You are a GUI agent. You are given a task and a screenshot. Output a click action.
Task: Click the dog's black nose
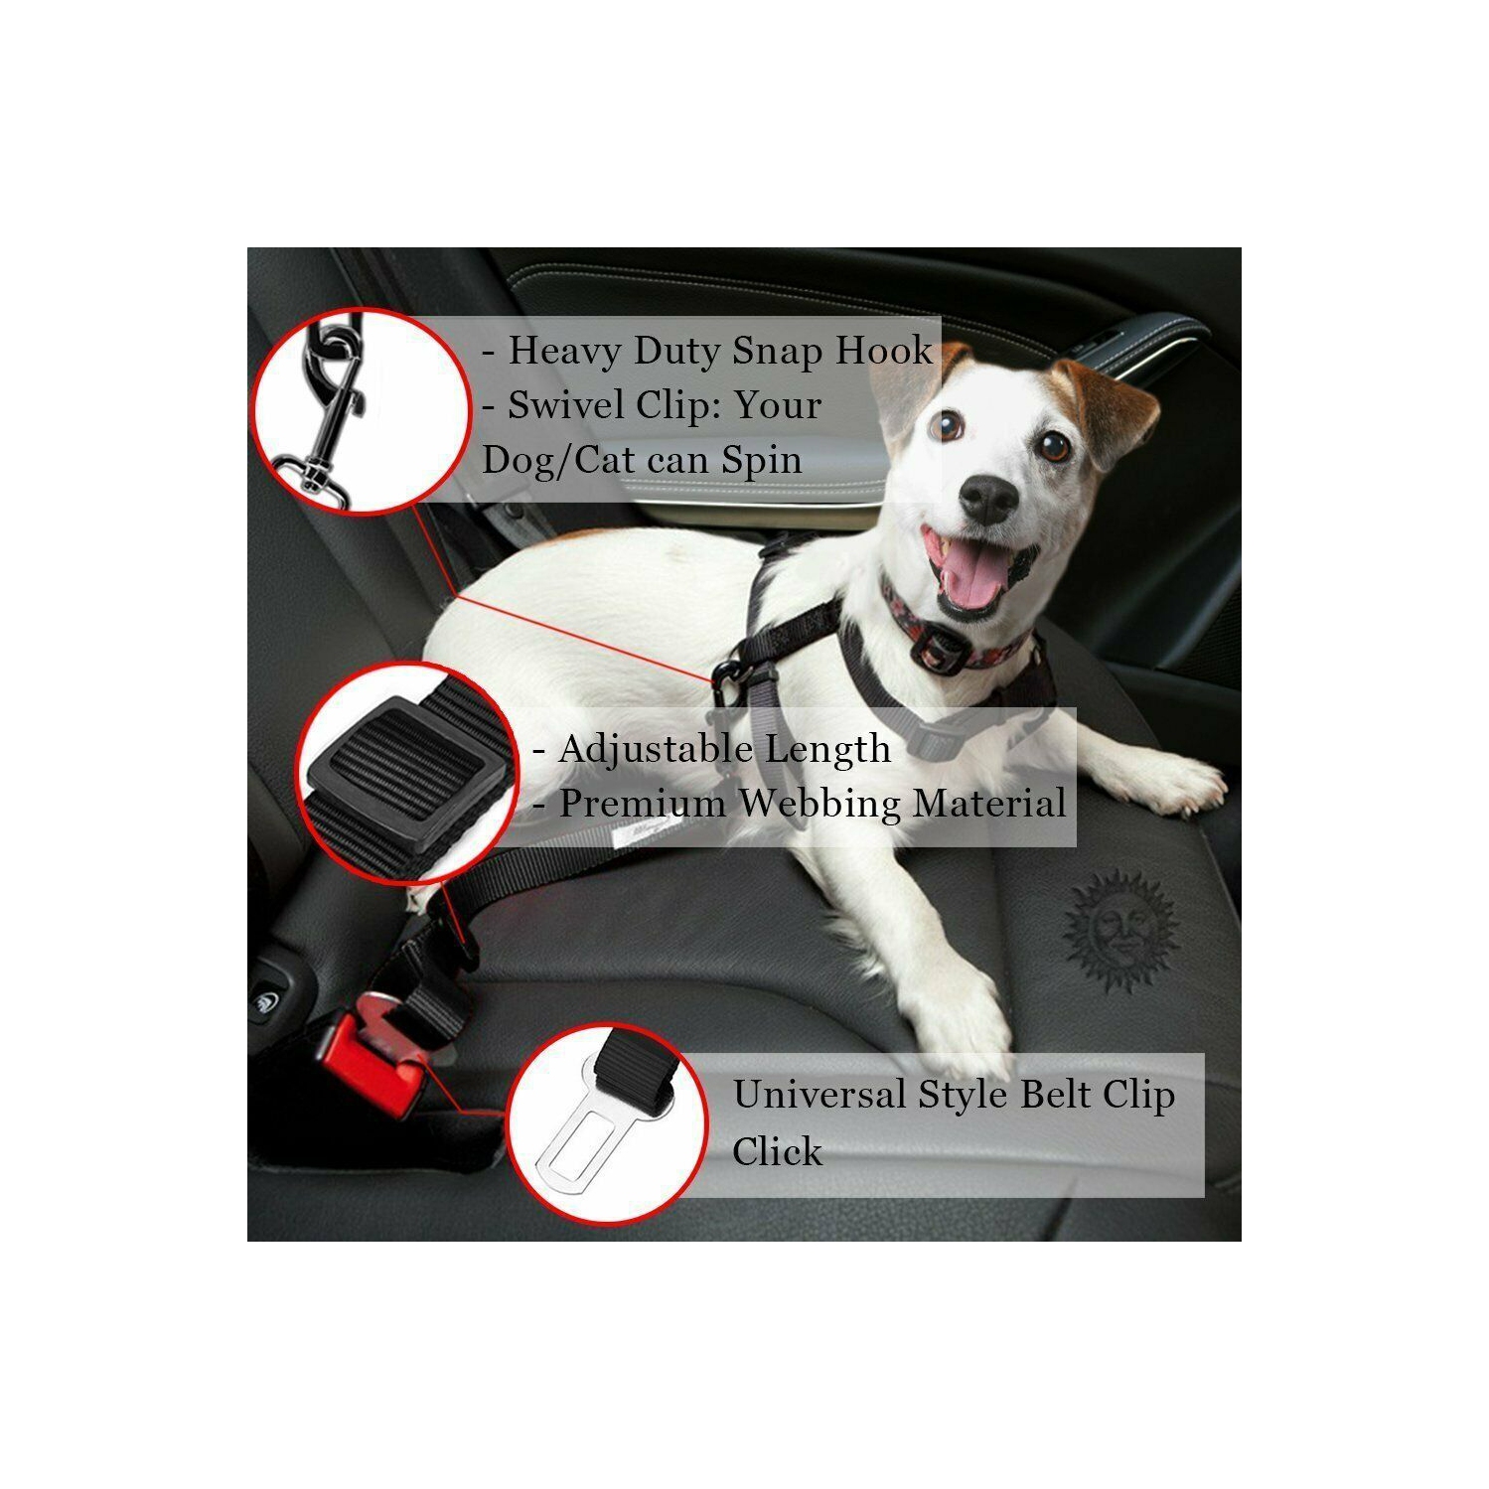pyautogui.click(x=987, y=496)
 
